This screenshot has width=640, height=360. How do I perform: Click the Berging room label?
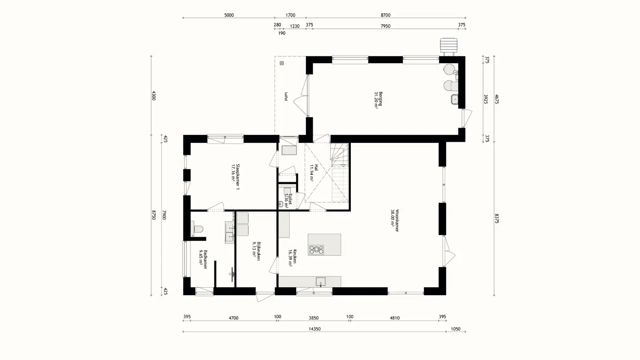[x=378, y=100]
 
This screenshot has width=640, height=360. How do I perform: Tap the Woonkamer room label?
[x=394, y=220]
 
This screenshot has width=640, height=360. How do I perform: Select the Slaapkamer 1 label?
[x=235, y=177]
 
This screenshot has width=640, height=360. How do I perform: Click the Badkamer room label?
[x=203, y=259]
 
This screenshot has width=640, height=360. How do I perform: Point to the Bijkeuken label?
[x=256, y=251]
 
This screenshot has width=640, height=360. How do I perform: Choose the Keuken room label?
[x=292, y=258]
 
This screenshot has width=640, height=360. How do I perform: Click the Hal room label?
[x=314, y=173]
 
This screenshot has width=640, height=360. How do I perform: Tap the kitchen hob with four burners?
[x=316, y=250]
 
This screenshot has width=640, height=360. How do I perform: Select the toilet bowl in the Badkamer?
[x=197, y=229]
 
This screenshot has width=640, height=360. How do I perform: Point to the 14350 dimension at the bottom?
[x=314, y=329]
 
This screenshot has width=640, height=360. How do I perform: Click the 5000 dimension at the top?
[x=229, y=15]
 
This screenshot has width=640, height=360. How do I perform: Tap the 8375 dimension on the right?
[x=496, y=218]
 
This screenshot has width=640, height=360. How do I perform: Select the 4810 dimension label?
[x=394, y=318]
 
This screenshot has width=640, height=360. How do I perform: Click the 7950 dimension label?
[x=385, y=26]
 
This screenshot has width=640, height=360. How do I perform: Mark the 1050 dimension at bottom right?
[x=456, y=329]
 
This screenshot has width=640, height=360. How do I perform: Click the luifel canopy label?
[x=286, y=96]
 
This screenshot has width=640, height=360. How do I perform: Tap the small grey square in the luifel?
[x=282, y=63]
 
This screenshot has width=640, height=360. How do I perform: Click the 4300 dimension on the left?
[x=154, y=96]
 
